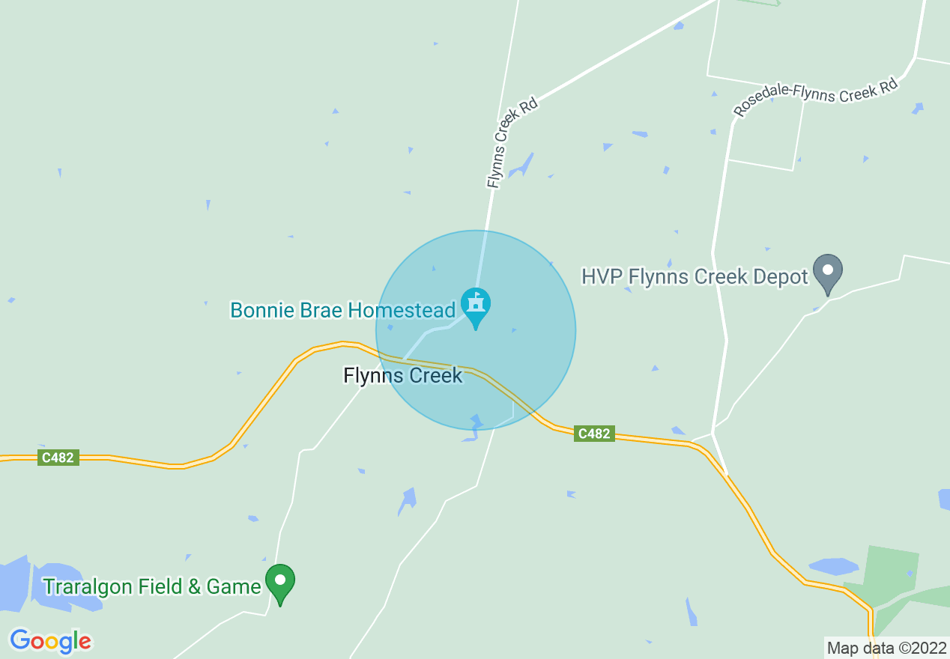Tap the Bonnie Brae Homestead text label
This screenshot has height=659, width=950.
(342, 310)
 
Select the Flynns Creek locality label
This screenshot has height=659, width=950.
(403, 375)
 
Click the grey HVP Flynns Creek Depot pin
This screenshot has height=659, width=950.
(828, 273)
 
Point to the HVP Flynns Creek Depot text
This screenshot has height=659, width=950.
(695, 276)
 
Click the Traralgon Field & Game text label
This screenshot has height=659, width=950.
(151, 586)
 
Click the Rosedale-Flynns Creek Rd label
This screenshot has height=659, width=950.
(815, 97)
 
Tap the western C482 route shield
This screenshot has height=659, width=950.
(58, 458)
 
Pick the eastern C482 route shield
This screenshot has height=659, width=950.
(594, 434)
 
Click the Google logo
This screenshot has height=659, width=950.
(50, 641)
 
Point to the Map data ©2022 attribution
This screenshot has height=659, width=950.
(885, 647)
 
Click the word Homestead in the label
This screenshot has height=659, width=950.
(409, 310)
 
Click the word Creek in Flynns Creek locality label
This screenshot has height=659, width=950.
(435, 375)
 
